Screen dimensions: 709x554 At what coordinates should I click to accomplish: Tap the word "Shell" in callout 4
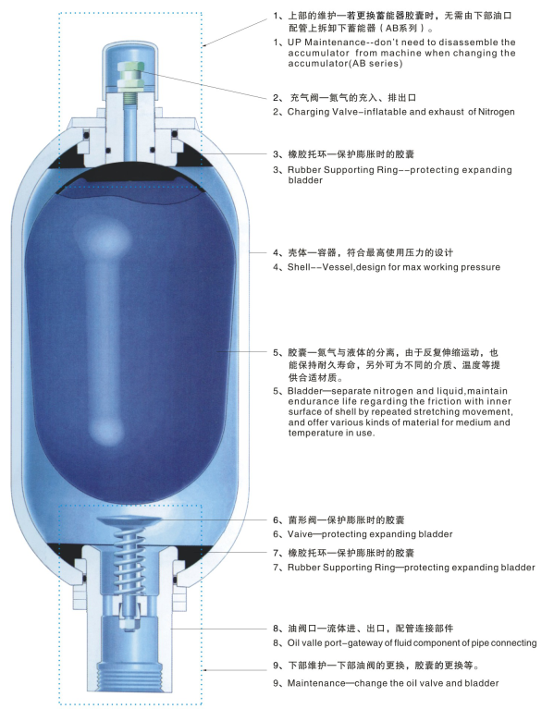click(x=301, y=267)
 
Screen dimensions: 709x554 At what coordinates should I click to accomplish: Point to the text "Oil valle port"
click(x=323, y=642)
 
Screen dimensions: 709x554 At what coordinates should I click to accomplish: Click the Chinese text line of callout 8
click(x=375, y=627)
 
